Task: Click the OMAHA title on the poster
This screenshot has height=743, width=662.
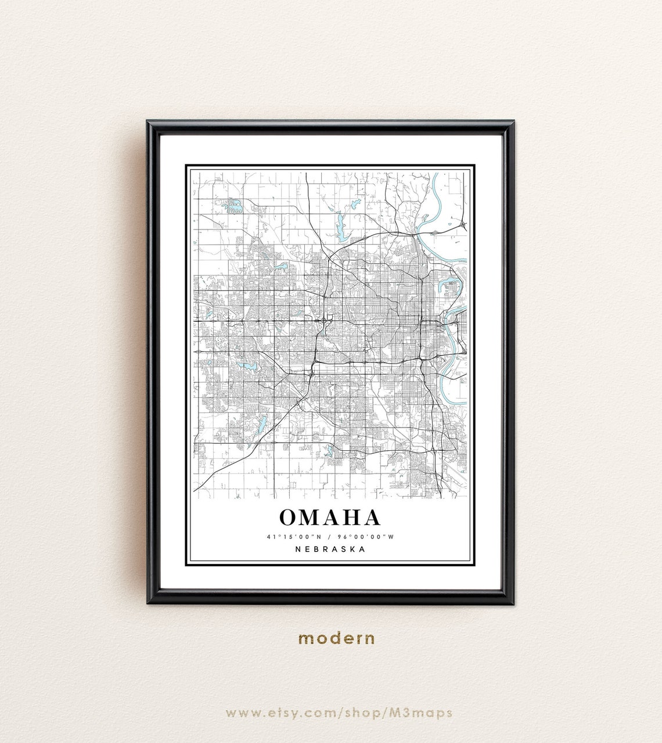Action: click(330, 517)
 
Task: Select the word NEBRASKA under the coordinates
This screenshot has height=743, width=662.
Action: click(330, 549)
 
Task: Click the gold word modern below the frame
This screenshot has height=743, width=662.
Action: click(336, 638)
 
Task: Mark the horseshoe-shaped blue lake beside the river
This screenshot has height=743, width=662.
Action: click(451, 286)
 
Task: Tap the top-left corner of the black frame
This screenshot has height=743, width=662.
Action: click(148, 122)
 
